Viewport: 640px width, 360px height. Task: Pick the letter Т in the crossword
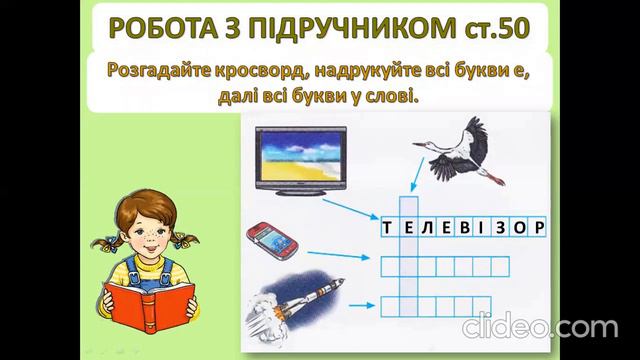[387, 227]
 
